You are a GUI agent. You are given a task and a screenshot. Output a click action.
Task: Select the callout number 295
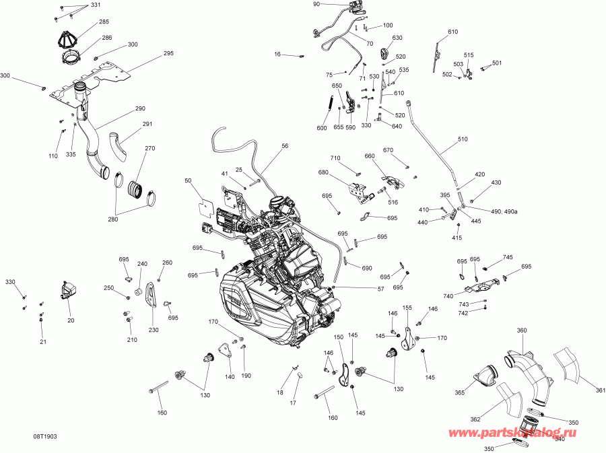coord(168,53)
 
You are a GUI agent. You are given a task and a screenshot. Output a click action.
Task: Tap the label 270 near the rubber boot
coord(149,148)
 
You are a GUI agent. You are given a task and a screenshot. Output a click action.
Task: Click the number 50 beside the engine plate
coord(188,180)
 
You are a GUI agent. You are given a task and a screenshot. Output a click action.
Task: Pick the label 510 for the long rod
coord(462,139)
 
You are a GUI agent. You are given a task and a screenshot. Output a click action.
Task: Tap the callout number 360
coord(522,330)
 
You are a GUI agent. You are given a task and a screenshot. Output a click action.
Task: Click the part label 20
coord(71,320)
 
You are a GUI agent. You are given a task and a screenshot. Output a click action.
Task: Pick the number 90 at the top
coord(316,4)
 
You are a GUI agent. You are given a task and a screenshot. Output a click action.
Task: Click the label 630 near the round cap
coord(397,38)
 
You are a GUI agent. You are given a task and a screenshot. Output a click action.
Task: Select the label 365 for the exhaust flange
coord(459,392)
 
